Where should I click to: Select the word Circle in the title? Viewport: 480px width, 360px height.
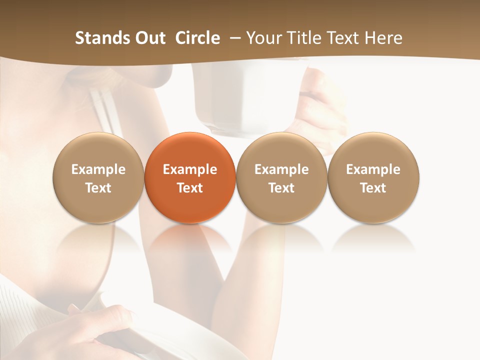[x=197, y=38]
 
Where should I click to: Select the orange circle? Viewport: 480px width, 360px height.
[x=190, y=177]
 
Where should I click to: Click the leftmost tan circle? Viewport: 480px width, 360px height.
[x=98, y=177]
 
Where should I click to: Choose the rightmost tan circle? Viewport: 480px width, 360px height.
[x=373, y=177]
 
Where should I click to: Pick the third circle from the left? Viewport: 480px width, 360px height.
[x=281, y=177]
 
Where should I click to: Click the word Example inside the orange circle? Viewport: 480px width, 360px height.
[x=190, y=169]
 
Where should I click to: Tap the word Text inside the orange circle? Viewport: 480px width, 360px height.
[x=190, y=188]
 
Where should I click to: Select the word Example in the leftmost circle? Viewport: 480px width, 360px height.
[x=98, y=169]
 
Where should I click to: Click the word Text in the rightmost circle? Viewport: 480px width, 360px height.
[x=373, y=188]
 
